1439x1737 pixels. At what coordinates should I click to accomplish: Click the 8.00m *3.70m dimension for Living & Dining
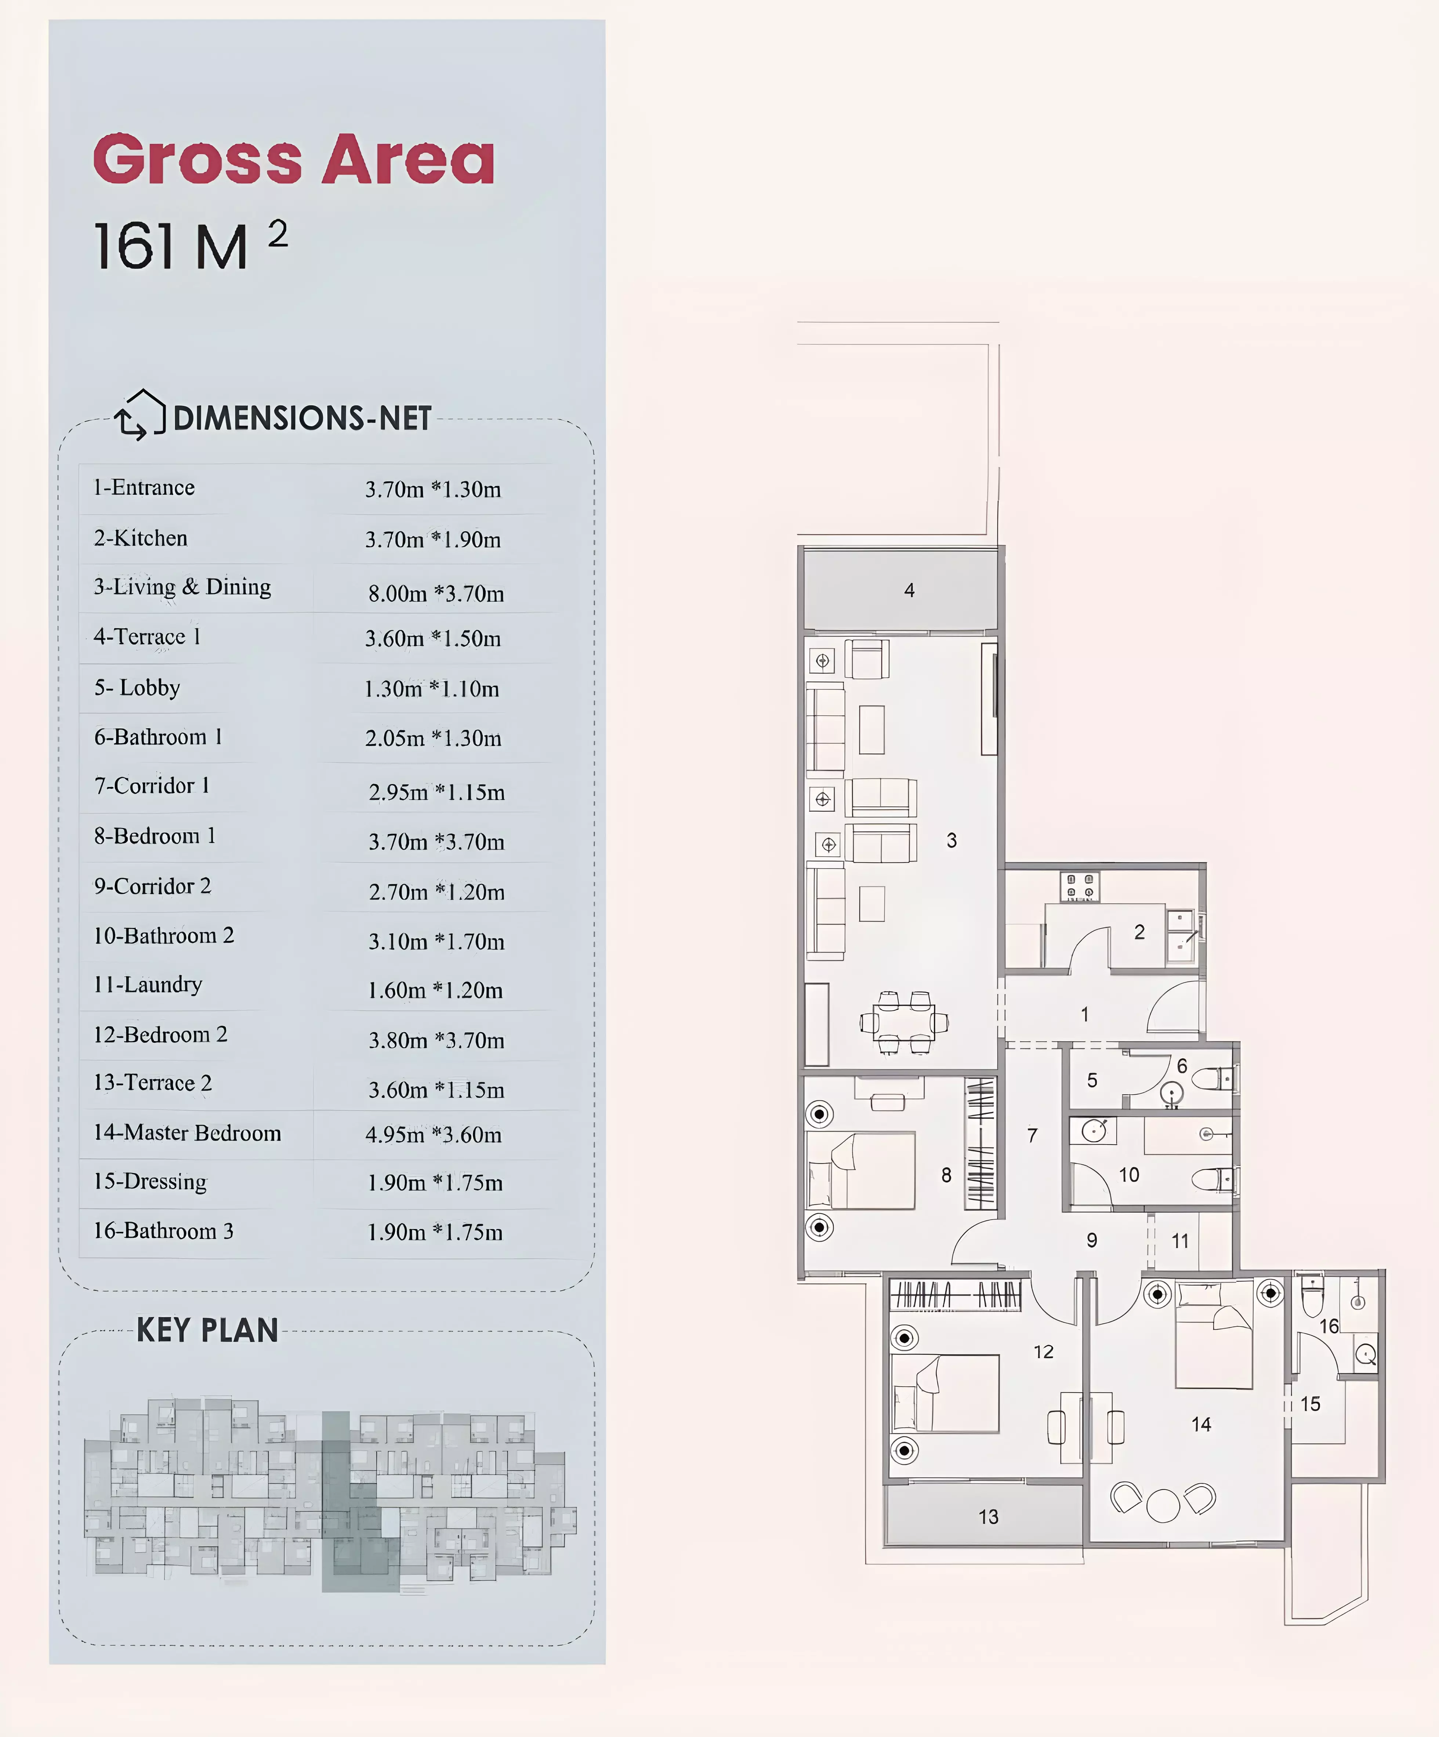point(436,593)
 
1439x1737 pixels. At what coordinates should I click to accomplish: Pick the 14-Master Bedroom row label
point(187,1132)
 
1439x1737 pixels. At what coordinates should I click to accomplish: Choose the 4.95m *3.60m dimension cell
point(434,1134)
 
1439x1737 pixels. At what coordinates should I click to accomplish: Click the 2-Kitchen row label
point(141,538)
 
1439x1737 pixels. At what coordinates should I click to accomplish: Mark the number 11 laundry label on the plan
point(1180,1241)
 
